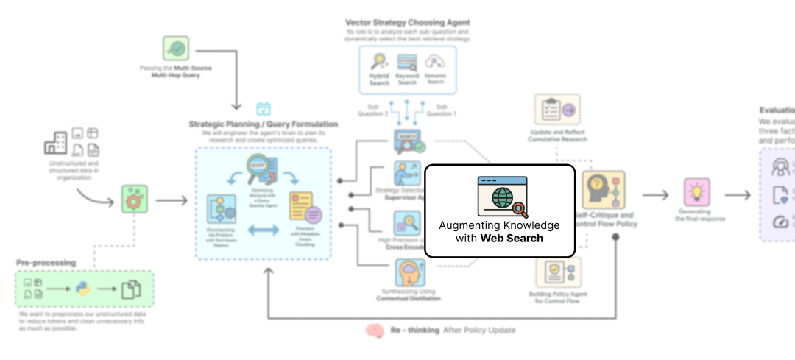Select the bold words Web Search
tap(512, 238)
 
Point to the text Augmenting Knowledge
tap(499, 225)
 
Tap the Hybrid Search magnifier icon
tap(379, 62)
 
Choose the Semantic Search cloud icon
tap(435, 62)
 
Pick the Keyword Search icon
tap(407, 62)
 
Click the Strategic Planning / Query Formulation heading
tap(264, 124)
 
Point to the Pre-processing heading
tap(46, 262)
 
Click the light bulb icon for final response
tap(696, 192)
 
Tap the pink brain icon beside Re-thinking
tap(375, 331)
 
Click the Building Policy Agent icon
tap(557, 273)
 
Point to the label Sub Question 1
tap(442, 110)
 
